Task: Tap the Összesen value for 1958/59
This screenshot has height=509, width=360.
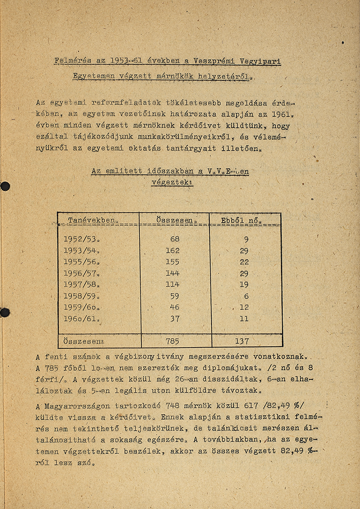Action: [x=174, y=296]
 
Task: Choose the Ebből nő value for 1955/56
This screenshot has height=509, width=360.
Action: [x=244, y=262]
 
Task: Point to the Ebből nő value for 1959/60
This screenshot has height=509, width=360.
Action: [x=244, y=307]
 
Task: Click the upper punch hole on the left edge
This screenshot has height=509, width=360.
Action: [x=5, y=186]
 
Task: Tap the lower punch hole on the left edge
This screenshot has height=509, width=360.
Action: [x=5, y=312]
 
